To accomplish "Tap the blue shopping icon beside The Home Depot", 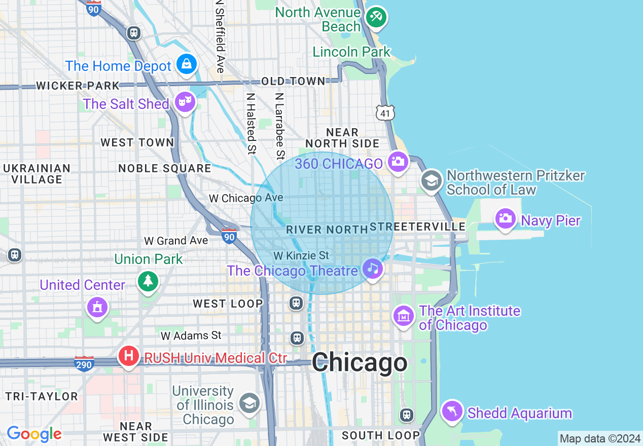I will tap(187, 64).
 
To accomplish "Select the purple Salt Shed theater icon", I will tap(185, 102).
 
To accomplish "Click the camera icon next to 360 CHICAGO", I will tap(398, 162).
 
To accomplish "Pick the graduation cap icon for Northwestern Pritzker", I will tap(432, 180).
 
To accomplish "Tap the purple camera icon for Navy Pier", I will tap(505, 218).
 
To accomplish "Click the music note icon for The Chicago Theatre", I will tap(373, 268).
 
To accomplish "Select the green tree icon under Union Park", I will tap(148, 280).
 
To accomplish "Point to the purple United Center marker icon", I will tap(97, 307).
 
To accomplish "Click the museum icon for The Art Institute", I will tap(404, 316).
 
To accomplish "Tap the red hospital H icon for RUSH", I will tap(129, 355).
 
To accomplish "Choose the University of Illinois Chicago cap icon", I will tap(249, 403).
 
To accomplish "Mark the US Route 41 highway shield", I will tap(385, 113).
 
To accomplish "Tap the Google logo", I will tap(34, 434).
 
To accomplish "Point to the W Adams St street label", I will tap(191, 336).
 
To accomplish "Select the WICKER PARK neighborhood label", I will tap(78, 86).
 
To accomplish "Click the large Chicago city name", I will tap(360, 363).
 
